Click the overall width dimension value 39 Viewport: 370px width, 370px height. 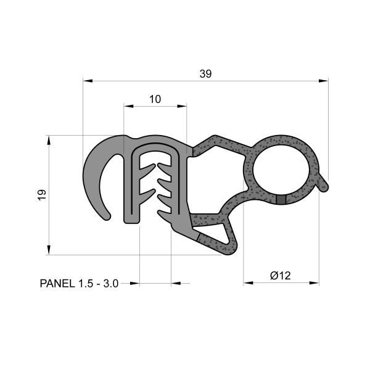click(x=206, y=74)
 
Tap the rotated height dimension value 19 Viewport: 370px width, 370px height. click(x=41, y=195)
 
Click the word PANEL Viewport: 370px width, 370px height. click(x=57, y=284)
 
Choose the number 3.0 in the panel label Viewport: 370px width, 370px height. click(x=110, y=284)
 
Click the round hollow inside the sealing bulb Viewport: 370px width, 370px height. click(x=282, y=170)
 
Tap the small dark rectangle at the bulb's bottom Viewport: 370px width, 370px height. click(x=281, y=199)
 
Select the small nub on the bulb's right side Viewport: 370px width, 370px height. click(x=325, y=185)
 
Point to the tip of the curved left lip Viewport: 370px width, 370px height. click(x=107, y=215)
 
